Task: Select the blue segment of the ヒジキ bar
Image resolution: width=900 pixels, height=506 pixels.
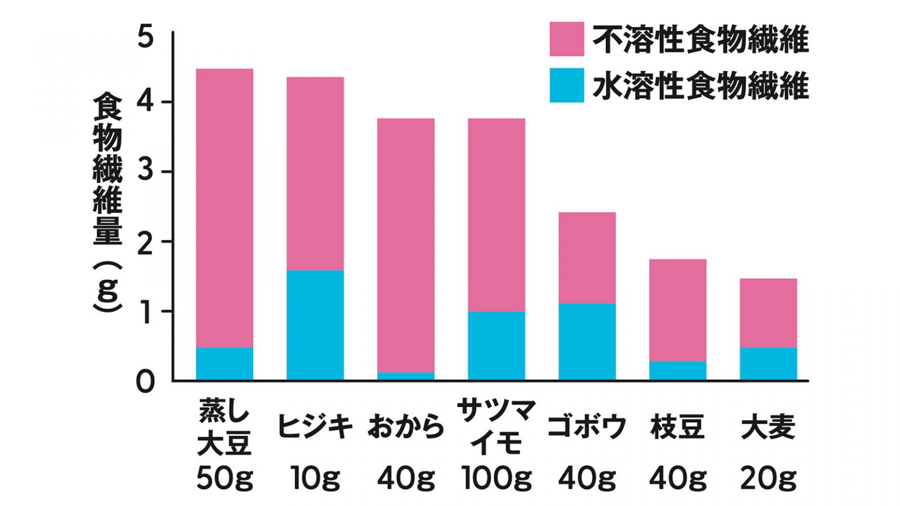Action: click(315, 325)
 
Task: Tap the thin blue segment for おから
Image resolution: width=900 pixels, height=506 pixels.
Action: click(405, 376)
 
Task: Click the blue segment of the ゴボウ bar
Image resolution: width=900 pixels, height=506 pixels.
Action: click(587, 341)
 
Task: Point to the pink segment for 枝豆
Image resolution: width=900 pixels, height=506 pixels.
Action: click(677, 310)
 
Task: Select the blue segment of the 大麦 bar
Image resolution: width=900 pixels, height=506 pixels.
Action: click(768, 364)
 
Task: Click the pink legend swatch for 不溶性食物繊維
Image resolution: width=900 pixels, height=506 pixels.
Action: click(567, 39)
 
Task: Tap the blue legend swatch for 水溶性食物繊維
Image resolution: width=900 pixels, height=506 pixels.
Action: click(567, 86)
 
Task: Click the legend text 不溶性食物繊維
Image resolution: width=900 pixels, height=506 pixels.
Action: click(701, 40)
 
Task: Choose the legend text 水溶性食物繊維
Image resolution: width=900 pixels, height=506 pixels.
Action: click(701, 86)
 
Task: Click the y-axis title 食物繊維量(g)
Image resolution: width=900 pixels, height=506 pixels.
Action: click(107, 202)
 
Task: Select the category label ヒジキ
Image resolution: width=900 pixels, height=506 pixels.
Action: click(315, 426)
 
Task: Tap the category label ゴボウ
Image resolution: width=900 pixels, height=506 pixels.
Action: click(587, 426)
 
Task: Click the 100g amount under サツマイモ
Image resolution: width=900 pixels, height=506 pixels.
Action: click(496, 478)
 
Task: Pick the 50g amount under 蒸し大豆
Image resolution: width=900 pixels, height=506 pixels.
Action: click(224, 478)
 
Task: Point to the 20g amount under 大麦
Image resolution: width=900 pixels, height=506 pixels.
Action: click(768, 478)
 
